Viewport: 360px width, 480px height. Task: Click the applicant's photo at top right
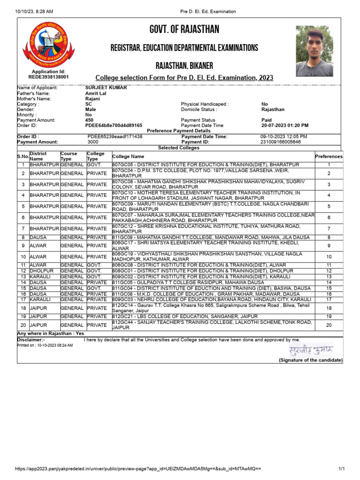pos(314,51)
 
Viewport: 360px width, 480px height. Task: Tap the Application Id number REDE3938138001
pos(48,77)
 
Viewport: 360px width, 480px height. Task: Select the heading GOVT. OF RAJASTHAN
pos(184,30)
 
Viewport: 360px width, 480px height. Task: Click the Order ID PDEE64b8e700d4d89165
pos(113,126)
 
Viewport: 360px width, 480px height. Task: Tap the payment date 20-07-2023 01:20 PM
pos(285,126)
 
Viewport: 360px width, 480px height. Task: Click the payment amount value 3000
pos(93,142)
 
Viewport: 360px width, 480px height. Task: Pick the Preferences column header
pos(329,157)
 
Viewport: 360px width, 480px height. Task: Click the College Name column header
pos(128,157)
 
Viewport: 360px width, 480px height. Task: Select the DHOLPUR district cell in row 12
pos(42,271)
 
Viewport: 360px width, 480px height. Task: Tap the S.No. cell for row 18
pos(23,308)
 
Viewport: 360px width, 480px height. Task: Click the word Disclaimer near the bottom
pos(31,339)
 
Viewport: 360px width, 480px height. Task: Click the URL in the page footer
pos(138,469)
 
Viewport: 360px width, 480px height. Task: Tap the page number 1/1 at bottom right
pos(341,469)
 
